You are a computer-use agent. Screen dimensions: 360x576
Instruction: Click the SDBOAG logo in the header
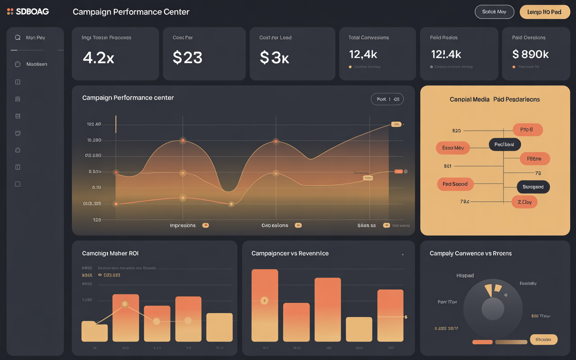tap(28, 12)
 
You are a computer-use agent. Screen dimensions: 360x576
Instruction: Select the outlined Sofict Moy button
tap(494, 12)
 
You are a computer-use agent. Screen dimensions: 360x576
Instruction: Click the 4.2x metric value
tap(99, 58)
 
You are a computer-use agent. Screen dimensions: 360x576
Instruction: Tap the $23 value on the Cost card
tap(188, 58)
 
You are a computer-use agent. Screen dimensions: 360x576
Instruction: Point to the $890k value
tap(531, 54)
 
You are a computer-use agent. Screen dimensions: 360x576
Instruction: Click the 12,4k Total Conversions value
tap(363, 54)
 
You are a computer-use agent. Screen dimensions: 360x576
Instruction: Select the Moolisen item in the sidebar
tap(36, 64)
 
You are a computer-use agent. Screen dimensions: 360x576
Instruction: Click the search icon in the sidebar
tap(18, 38)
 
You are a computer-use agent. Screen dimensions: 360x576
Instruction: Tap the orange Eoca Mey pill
tap(453, 148)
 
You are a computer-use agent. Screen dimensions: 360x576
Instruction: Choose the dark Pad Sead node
tap(504, 144)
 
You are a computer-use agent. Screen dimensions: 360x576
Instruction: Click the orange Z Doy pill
tap(524, 202)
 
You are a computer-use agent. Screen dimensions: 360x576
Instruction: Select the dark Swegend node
tap(533, 187)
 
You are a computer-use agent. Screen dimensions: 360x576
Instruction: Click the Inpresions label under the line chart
tap(183, 225)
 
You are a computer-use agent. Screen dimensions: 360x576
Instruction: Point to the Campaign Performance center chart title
tap(128, 98)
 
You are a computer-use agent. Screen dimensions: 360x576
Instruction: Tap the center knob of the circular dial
tap(493, 309)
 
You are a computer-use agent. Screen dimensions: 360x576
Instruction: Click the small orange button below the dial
tap(482, 342)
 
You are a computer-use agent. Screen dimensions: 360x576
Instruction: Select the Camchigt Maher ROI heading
tap(110, 253)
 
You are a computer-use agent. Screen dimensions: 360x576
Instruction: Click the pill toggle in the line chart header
tap(387, 99)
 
